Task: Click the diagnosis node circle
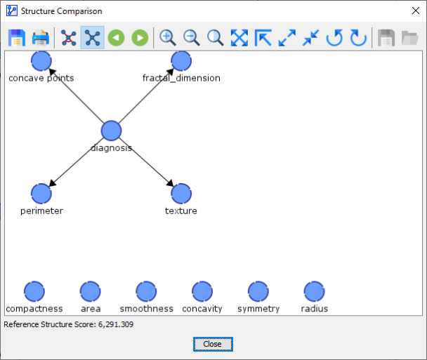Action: coord(111,131)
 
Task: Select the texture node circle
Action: coord(181,194)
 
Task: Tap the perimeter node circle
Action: coord(41,194)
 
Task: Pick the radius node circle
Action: coord(314,291)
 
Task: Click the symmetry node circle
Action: coord(258,291)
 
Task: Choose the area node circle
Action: coord(91,291)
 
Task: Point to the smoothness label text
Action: coord(147,309)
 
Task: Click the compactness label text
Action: coord(34,309)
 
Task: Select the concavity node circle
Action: coord(202,291)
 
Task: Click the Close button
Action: coord(213,345)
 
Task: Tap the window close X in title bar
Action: coord(416,11)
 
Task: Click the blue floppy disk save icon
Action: coord(17,38)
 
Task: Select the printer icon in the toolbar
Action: coord(41,38)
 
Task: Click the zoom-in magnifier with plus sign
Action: coord(167,38)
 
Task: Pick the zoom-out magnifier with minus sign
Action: coord(192,38)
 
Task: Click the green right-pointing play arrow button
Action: coord(140,38)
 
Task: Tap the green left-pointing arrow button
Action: coord(117,38)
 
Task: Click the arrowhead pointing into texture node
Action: coord(171,183)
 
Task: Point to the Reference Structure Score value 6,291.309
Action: coord(116,324)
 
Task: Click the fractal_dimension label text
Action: coord(181,78)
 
